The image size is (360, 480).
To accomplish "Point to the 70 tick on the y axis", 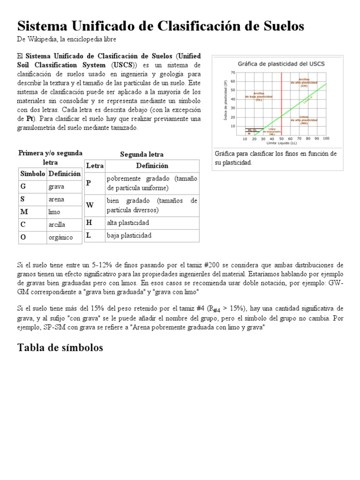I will pos(233,73).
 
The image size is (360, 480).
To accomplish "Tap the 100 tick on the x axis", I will pos(325,139).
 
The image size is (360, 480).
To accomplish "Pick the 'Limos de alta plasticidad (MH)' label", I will pos(304,120).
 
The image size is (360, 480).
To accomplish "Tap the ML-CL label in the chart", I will pos(252,130).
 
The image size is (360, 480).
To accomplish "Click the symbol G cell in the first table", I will pos(22,187).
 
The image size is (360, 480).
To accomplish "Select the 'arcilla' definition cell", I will pos(57,225).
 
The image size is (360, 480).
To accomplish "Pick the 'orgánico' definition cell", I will pos(60,237).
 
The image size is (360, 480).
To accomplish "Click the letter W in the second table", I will pos(90,205).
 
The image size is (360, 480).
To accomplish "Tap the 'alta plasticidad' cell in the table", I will pos(127,223).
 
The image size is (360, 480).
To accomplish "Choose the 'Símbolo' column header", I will pos(32,173).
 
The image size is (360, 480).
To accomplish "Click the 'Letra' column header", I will pos(95,165).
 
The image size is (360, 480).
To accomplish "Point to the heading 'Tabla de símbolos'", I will pos(60,347).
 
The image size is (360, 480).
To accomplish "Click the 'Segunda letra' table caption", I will pos(142,154).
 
